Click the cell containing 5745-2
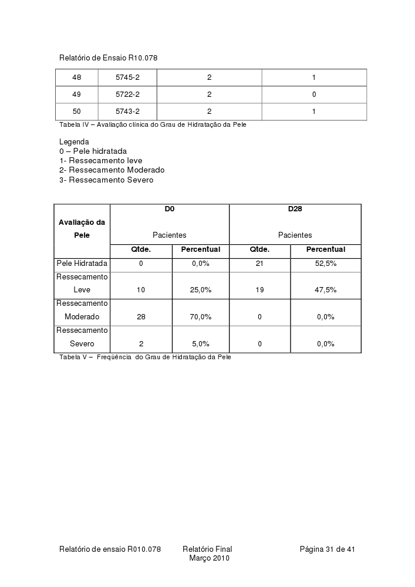[x=127, y=77]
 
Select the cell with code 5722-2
[x=127, y=95]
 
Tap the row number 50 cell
[x=77, y=112]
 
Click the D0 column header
[x=170, y=209]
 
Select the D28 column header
[x=295, y=209]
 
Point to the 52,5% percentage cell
[x=326, y=264]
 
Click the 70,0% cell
[x=201, y=317]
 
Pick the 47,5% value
[x=326, y=290]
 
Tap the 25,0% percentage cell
[x=201, y=290]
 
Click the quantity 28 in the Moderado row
[x=141, y=317]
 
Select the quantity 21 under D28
[x=259, y=264]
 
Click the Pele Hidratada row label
[x=82, y=264]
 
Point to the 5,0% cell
[x=201, y=344]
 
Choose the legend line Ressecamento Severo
[x=106, y=180]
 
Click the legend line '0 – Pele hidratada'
[x=93, y=151]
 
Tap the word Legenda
[x=74, y=142]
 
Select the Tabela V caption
[x=145, y=357]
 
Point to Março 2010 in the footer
[x=209, y=558]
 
